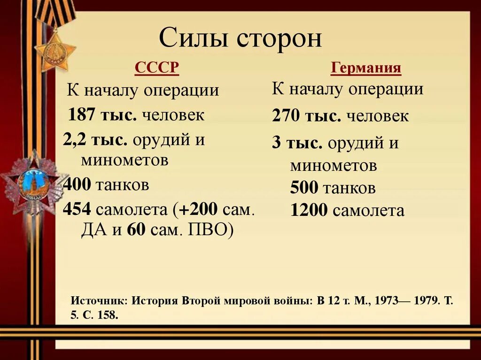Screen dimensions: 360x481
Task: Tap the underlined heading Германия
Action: tap(366, 69)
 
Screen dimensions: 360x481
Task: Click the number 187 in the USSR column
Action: tap(82, 115)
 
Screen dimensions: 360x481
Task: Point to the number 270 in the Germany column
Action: tap(286, 116)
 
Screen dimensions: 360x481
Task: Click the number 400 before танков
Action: tap(77, 185)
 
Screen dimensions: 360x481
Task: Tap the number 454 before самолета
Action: tap(77, 209)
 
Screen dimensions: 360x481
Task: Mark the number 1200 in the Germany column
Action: tap(309, 211)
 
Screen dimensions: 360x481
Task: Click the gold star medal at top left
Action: tap(55, 51)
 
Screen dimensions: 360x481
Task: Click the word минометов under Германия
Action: tap(333, 166)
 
